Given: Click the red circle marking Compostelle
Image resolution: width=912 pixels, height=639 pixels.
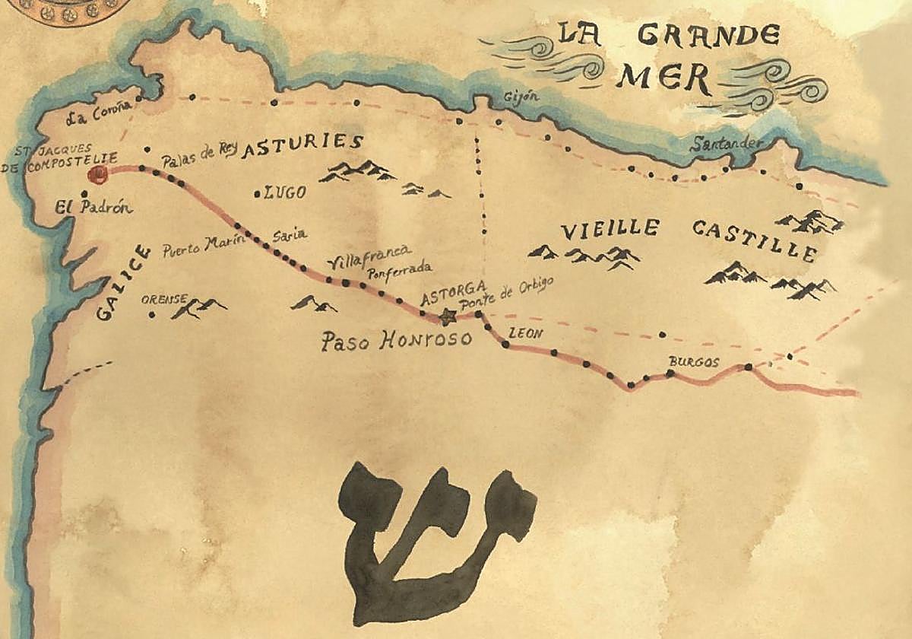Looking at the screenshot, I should (x=97, y=176).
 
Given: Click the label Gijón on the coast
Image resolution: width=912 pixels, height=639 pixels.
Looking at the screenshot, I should (x=521, y=97).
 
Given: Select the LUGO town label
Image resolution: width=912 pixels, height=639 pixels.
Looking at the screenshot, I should (x=285, y=192).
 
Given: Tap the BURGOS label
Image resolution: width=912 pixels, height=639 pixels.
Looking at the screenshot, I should (x=693, y=362).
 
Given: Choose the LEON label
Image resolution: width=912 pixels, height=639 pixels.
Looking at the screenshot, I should (x=527, y=333).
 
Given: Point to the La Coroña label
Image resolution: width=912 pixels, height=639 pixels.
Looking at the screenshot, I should (x=94, y=117).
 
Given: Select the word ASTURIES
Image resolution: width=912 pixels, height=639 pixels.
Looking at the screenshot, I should (x=302, y=144).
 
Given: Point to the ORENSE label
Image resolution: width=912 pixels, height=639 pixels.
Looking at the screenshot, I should (x=163, y=300).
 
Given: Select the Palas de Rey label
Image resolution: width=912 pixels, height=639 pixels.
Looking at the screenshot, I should (x=200, y=155).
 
